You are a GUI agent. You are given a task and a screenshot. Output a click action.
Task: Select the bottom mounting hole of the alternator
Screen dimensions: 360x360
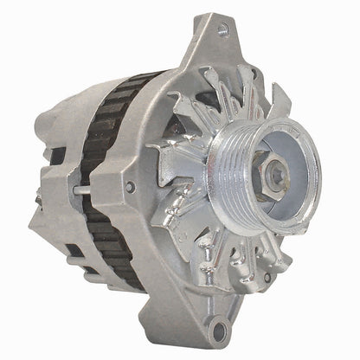(x=224, y=329)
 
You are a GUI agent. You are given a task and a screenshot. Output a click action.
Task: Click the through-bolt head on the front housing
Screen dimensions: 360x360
(x=130, y=186)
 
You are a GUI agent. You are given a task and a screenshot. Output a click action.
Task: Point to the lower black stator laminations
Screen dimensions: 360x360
(x=112, y=251)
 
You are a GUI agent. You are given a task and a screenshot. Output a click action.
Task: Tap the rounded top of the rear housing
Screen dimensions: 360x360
(x=87, y=95)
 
